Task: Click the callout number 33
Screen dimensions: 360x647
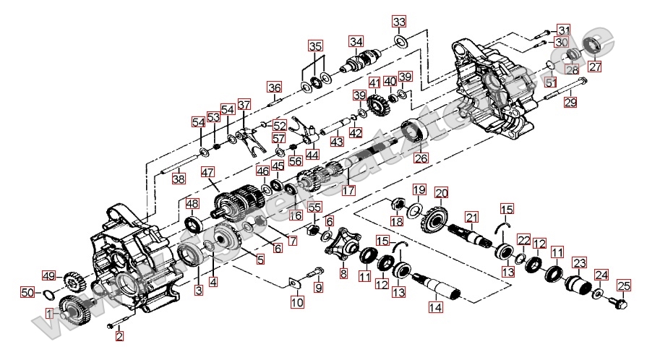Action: [x=399, y=21]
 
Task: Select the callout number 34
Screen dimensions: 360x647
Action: [x=355, y=40]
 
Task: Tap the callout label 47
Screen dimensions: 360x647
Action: [x=208, y=173]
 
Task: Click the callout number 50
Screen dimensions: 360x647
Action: [x=27, y=293]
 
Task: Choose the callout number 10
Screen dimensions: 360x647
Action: [x=297, y=303]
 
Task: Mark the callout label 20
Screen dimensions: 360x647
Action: [x=441, y=193]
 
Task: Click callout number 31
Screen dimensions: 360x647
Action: [x=563, y=30]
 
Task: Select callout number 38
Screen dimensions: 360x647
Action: [x=179, y=179]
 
